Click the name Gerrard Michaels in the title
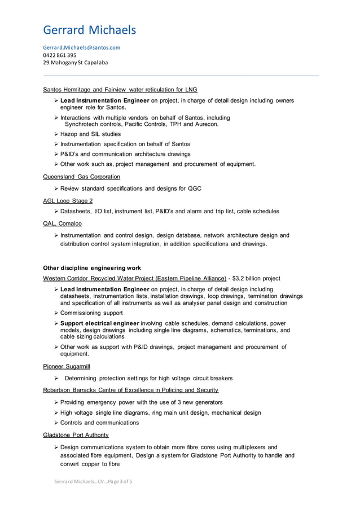pos(90,29)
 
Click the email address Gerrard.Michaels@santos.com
pos(82,47)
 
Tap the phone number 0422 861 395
pos(60,55)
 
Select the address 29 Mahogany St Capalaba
pos(76,63)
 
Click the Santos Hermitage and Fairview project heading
pos(120,89)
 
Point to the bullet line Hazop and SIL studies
pos(90,134)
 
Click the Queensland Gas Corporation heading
pos(81,177)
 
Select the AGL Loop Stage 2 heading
pos(68,200)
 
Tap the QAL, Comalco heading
pos(58,223)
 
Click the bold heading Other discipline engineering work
pos(92,268)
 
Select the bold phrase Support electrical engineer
pos(99,323)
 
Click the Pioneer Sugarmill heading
pos(67,366)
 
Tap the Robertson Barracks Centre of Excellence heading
pos(130,390)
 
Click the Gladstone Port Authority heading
pos(76,435)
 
